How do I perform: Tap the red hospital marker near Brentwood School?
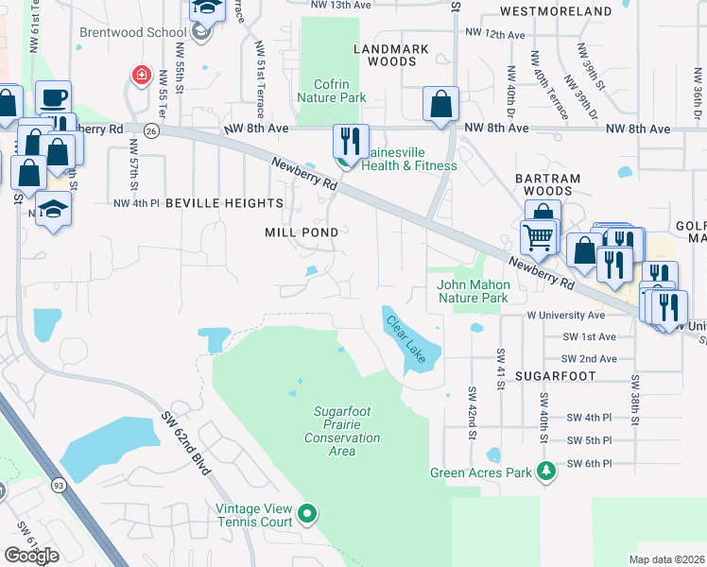(x=141, y=75)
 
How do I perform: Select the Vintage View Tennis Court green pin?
(x=306, y=514)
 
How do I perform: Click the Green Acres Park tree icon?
(x=545, y=470)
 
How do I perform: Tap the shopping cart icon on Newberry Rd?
(x=538, y=236)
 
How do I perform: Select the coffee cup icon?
(x=54, y=96)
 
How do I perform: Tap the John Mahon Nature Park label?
(x=473, y=291)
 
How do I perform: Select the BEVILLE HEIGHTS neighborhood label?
(x=224, y=203)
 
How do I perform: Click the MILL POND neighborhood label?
(x=301, y=232)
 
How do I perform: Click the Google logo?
(x=31, y=555)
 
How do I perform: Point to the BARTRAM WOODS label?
(x=544, y=184)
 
